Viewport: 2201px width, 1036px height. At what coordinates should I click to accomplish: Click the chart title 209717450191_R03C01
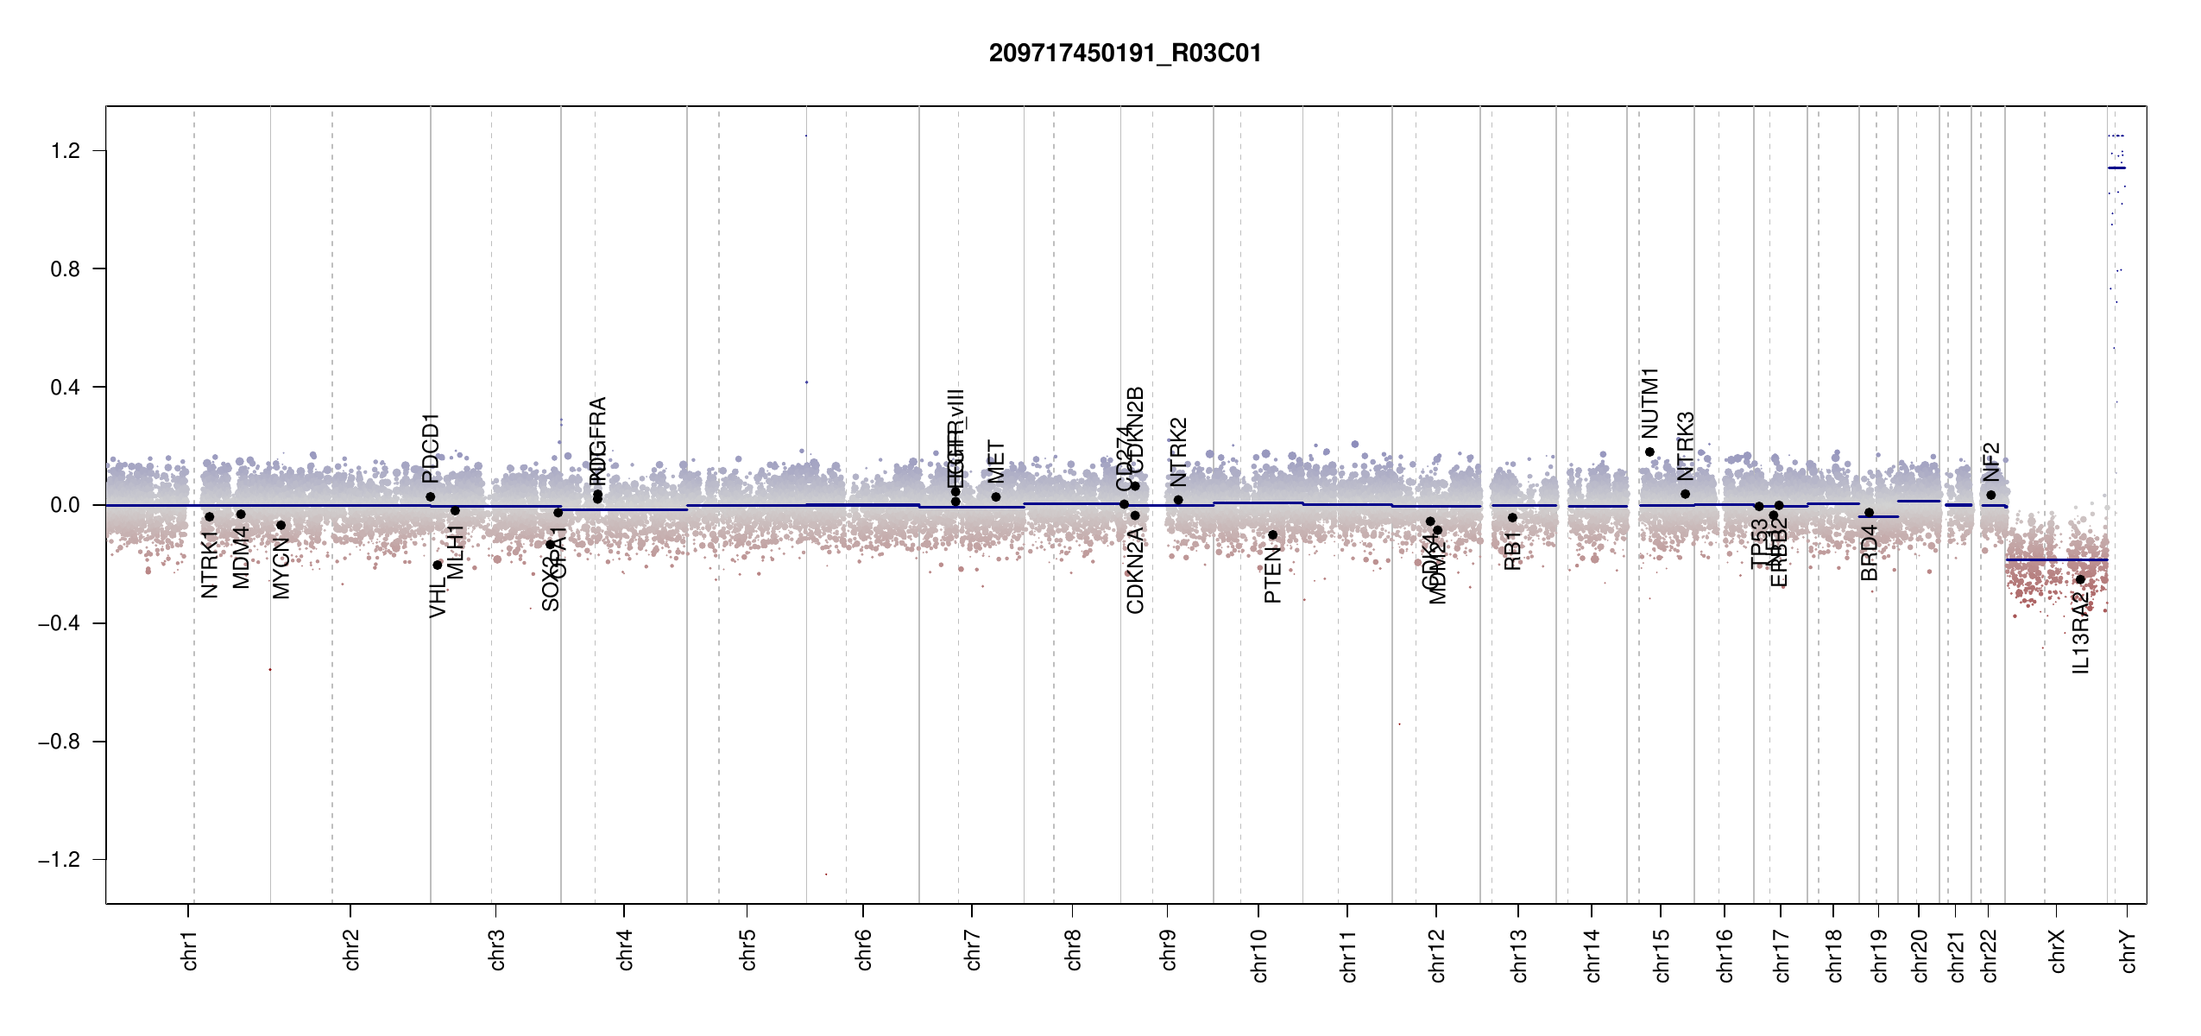[x=1125, y=54]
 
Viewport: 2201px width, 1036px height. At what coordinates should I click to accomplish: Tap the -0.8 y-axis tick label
[x=59, y=742]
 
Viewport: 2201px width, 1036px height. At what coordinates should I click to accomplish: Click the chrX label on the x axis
[x=2058, y=951]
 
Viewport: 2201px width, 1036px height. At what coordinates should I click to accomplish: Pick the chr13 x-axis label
[x=1519, y=955]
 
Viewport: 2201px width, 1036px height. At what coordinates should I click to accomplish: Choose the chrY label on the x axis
[x=2128, y=951]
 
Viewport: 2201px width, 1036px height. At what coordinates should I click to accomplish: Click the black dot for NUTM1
[x=1649, y=452]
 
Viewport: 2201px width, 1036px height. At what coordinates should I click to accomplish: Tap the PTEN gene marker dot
[x=1272, y=535]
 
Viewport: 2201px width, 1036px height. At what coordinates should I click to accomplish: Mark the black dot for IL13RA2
[x=2080, y=579]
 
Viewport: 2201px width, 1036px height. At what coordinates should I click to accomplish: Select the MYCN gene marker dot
[x=281, y=525]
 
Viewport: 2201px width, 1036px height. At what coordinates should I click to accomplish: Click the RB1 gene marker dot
[x=1512, y=518]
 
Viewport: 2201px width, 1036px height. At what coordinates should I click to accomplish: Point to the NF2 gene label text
[x=1990, y=462]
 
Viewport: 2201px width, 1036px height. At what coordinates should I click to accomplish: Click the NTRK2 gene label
[x=1178, y=452]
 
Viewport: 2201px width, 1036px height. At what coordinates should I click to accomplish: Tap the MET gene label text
[x=996, y=462]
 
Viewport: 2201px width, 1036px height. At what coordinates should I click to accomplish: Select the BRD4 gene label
[x=1869, y=553]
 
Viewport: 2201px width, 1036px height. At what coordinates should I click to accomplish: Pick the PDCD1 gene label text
[x=431, y=447]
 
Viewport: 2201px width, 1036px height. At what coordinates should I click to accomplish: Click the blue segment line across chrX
[x=2056, y=560]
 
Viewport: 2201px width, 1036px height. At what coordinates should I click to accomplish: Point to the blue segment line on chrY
[x=2116, y=167]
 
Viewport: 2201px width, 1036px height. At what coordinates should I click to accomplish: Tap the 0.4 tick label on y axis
[x=65, y=387]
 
